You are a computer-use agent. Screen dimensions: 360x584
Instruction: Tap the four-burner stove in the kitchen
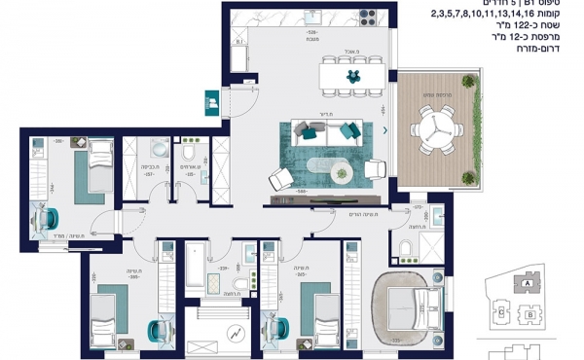pyautogui.click(x=371, y=18)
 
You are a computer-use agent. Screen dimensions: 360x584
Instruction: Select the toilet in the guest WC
pyautogui.click(x=189, y=155)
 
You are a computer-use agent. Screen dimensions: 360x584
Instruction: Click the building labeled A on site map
pyautogui.click(x=527, y=283)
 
